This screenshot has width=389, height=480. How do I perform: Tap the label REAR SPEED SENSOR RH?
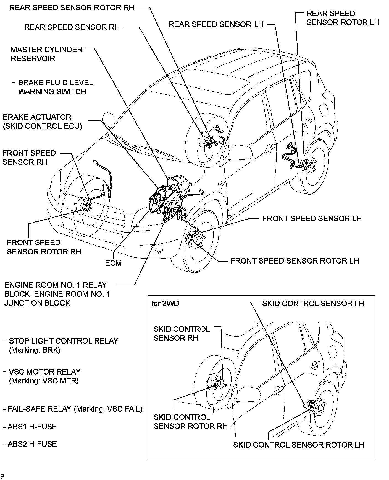click(72, 27)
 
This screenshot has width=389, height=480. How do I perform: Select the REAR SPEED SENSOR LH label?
click(216, 24)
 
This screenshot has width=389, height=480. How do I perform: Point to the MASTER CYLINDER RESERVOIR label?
click(46, 54)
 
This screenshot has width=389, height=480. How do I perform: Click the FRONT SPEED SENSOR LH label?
click(312, 218)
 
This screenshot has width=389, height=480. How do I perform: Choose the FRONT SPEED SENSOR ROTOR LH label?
click(295, 261)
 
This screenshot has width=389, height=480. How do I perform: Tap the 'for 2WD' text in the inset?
click(165, 303)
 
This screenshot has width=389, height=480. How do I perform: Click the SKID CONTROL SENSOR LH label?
click(313, 303)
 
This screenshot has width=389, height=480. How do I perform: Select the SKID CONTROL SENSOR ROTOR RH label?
click(190, 421)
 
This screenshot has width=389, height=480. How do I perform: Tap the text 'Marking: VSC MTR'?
click(44, 381)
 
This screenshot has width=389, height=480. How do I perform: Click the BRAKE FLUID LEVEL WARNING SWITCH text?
click(55, 87)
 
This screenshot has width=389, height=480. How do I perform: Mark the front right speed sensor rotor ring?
click(88, 206)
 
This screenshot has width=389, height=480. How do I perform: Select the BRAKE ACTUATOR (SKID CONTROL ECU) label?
click(42, 122)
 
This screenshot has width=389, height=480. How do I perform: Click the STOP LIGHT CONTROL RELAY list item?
click(63, 341)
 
